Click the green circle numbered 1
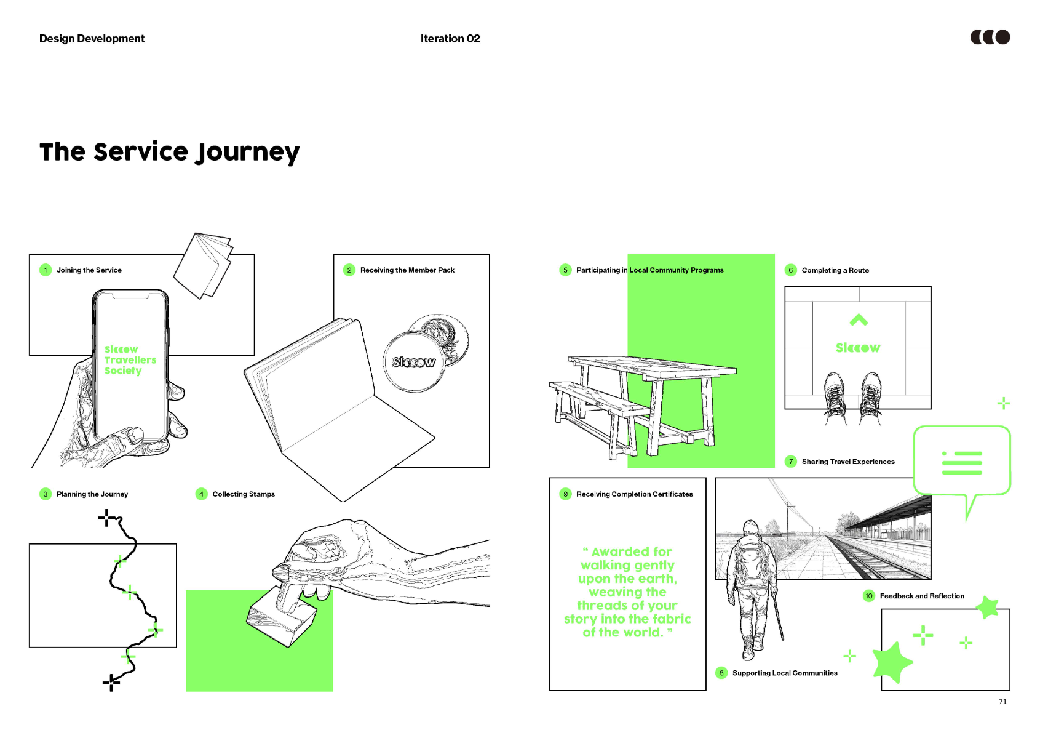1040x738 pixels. point(46,270)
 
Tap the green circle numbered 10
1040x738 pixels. point(868,596)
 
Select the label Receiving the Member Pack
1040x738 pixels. point(407,270)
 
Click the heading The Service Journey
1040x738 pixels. point(169,152)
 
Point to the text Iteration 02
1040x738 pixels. point(450,39)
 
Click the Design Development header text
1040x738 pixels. point(92,39)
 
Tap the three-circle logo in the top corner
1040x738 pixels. point(990,38)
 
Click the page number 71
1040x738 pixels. point(1002,702)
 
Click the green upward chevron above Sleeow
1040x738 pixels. point(859,319)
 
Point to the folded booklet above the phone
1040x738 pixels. point(203,265)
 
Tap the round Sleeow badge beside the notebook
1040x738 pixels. point(414,362)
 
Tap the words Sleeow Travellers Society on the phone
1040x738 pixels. point(130,360)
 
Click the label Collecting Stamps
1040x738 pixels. point(244,494)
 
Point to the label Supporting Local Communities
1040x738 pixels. point(785,673)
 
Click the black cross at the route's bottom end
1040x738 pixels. point(111,682)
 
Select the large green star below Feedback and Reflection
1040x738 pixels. point(891,662)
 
